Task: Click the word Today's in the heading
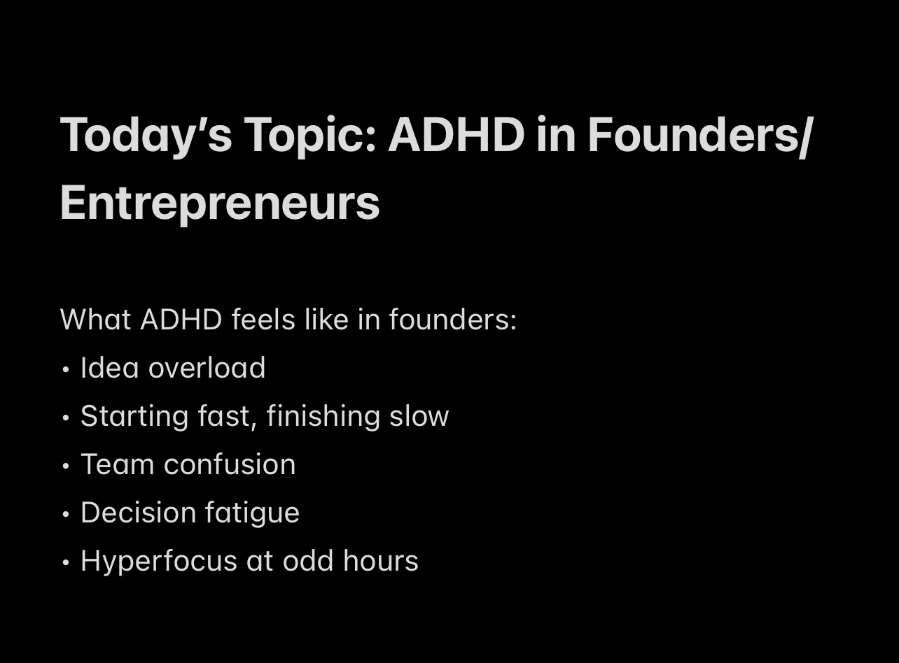pyautogui.click(x=146, y=136)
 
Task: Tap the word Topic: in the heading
pyautogui.click(x=310, y=136)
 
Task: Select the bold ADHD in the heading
pyautogui.click(x=457, y=134)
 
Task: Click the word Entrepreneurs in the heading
pyautogui.click(x=220, y=204)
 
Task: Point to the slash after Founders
pyautogui.click(x=806, y=136)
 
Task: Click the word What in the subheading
pyautogui.click(x=95, y=320)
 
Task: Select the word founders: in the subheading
pyautogui.click(x=453, y=320)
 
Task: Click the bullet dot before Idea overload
pyautogui.click(x=66, y=369)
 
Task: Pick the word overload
pyautogui.click(x=207, y=368)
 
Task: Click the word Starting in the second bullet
pyautogui.click(x=134, y=417)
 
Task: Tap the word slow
pyautogui.click(x=419, y=416)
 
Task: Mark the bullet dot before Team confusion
pyautogui.click(x=66, y=466)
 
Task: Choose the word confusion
pyautogui.click(x=230, y=464)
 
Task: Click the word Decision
pyautogui.click(x=138, y=513)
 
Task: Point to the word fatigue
pyautogui.click(x=252, y=513)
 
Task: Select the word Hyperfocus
pyautogui.click(x=159, y=562)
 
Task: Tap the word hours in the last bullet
pyautogui.click(x=381, y=560)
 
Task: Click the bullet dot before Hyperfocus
pyautogui.click(x=66, y=562)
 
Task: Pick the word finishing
pyautogui.click(x=323, y=417)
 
